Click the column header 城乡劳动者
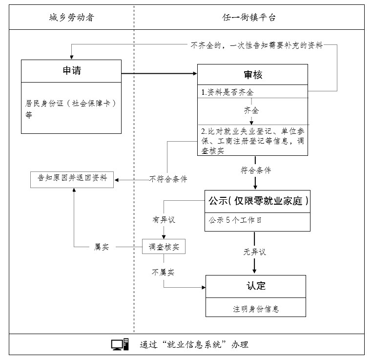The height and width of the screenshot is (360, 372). (71, 18)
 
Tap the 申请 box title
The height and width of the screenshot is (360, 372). (71, 71)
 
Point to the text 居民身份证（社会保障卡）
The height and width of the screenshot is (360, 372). (72, 104)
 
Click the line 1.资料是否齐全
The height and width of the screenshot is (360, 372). (227, 92)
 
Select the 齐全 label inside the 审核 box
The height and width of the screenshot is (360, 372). (251, 110)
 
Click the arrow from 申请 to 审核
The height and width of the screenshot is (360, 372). (159, 74)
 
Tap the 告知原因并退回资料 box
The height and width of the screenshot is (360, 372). (72, 179)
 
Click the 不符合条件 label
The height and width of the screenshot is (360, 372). (168, 179)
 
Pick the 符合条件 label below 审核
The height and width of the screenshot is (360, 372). (255, 170)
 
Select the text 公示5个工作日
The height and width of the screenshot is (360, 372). (235, 220)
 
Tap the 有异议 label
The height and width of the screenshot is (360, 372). (164, 220)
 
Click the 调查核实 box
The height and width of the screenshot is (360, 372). (164, 247)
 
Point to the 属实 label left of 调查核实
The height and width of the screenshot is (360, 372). (101, 247)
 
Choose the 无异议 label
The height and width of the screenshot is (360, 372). (255, 252)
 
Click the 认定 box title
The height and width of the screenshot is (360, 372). (256, 286)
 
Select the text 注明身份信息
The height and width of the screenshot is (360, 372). (256, 309)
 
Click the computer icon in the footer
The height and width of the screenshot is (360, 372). (120, 344)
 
